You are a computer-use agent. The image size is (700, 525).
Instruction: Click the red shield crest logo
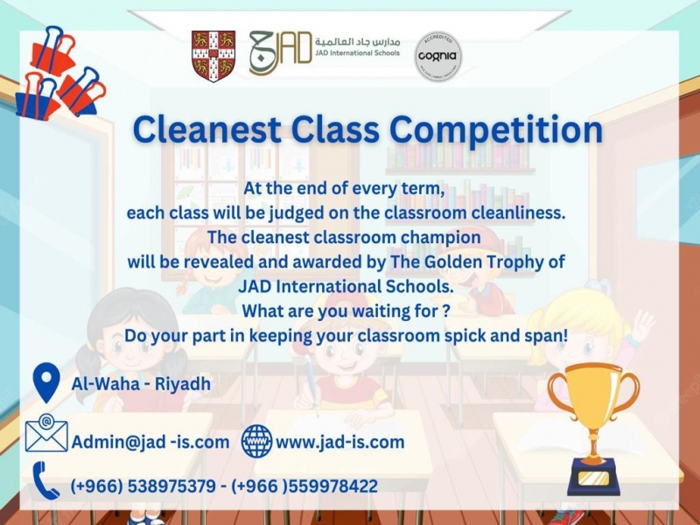click(x=213, y=56)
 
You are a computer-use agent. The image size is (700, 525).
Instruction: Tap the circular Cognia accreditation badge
click(x=438, y=56)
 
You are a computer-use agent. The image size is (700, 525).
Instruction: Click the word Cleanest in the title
click(x=206, y=129)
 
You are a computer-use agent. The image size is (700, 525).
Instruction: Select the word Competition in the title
click(x=496, y=130)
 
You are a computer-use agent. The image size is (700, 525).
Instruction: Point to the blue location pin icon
click(x=46, y=382)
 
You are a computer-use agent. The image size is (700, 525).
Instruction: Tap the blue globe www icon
click(x=256, y=441)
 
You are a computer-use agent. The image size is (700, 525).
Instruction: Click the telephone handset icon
click(x=45, y=480)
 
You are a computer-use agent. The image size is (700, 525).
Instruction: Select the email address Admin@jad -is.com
click(x=150, y=442)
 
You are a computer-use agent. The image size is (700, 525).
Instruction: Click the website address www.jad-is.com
click(x=340, y=442)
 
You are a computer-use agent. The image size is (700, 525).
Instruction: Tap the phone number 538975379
click(x=171, y=486)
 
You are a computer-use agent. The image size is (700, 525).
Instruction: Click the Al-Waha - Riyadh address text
click(x=141, y=383)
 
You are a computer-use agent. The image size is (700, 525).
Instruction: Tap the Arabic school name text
click(x=357, y=41)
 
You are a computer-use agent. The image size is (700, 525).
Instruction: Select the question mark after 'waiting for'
click(x=446, y=311)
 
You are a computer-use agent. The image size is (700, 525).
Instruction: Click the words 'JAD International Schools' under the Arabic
click(x=357, y=52)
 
